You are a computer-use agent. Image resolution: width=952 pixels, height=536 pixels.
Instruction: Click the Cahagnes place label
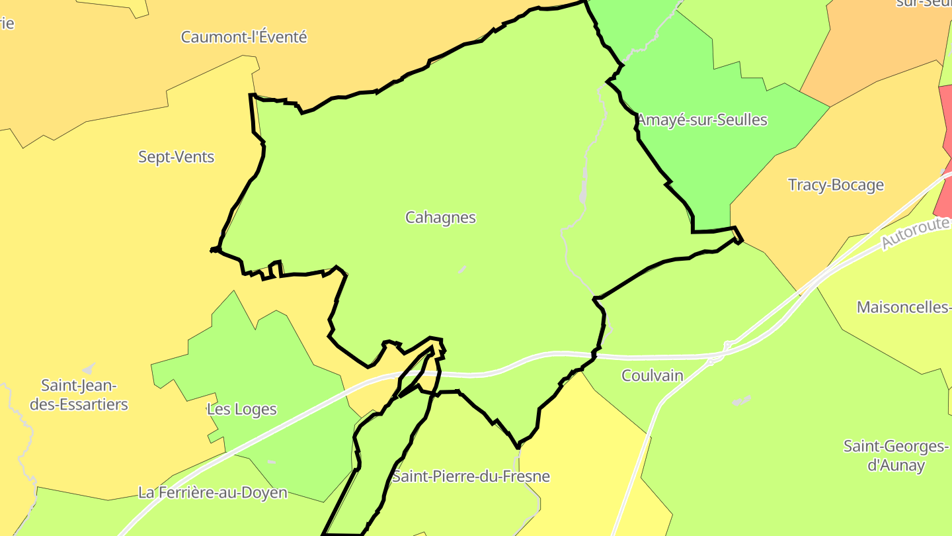point(440,217)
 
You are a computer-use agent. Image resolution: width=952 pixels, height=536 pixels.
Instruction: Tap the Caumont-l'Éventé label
point(244,37)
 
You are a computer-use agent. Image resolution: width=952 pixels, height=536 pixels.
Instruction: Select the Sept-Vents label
point(176,157)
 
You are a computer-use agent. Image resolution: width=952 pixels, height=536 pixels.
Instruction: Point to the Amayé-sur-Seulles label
point(702,120)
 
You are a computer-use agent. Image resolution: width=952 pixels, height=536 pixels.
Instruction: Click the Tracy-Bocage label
point(836,185)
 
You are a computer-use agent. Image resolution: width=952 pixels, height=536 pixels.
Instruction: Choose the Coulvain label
point(652,375)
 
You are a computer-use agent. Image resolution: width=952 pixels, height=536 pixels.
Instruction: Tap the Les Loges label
point(241,409)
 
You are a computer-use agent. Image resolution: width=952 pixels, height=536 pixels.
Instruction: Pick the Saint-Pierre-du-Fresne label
point(471,476)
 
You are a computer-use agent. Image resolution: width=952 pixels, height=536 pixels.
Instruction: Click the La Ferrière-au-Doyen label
point(213,492)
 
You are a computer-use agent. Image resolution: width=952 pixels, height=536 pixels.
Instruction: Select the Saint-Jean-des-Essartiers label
point(79,394)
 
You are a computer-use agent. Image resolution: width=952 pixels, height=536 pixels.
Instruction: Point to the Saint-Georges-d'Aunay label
point(896,455)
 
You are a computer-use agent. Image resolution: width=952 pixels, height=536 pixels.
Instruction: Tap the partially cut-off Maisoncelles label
point(903,307)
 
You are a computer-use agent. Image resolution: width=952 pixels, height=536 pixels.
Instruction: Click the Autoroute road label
point(916,234)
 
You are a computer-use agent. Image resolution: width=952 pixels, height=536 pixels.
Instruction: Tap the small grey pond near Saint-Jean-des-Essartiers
point(87,368)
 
